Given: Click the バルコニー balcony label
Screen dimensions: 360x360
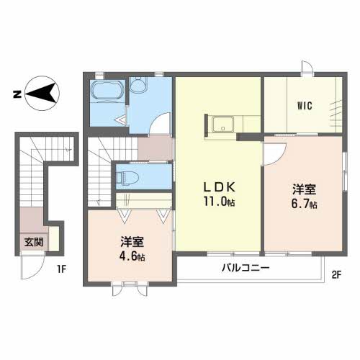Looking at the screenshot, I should [245, 269].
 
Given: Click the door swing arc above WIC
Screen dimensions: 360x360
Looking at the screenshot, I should [307, 69].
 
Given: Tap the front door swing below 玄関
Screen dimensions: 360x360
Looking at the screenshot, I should [32, 267].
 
